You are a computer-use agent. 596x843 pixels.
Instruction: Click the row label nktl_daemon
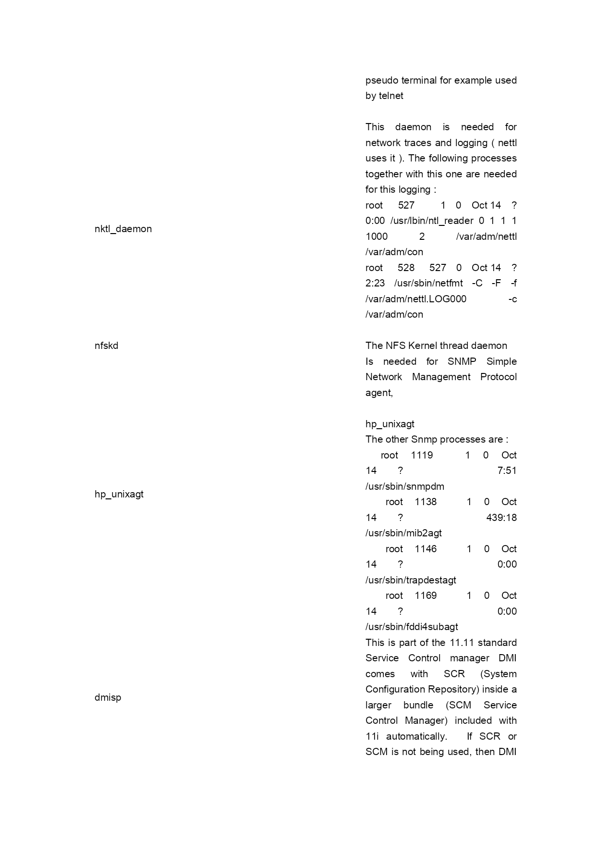click(x=123, y=229)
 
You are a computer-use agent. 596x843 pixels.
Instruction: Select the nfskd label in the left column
click(x=106, y=346)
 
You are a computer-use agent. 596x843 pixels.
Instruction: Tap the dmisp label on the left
click(x=108, y=697)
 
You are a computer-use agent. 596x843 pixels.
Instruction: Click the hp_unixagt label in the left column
click(x=119, y=494)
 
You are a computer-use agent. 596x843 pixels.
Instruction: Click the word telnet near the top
click(x=391, y=96)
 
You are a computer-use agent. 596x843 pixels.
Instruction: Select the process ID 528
click(x=406, y=268)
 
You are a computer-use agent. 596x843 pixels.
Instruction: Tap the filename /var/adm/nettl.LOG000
click(x=415, y=299)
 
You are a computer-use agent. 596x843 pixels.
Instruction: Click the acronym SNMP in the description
click(x=462, y=361)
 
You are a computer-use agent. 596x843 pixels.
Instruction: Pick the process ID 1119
click(x=422, y=455)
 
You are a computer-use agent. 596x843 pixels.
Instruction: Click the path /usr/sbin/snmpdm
click(x=404, y=486)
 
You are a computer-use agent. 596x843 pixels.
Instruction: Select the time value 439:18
click(x=501, y=518)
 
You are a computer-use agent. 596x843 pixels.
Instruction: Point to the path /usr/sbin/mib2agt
click(x=403, y=533)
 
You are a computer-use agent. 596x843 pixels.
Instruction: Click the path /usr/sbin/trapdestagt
click(x=411, y=580)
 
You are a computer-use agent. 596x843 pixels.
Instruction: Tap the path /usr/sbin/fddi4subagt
click(x=412, y=627)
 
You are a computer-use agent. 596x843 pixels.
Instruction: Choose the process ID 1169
click(x=426, y=595)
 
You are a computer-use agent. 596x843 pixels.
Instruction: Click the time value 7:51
click(x=507, y=471)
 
